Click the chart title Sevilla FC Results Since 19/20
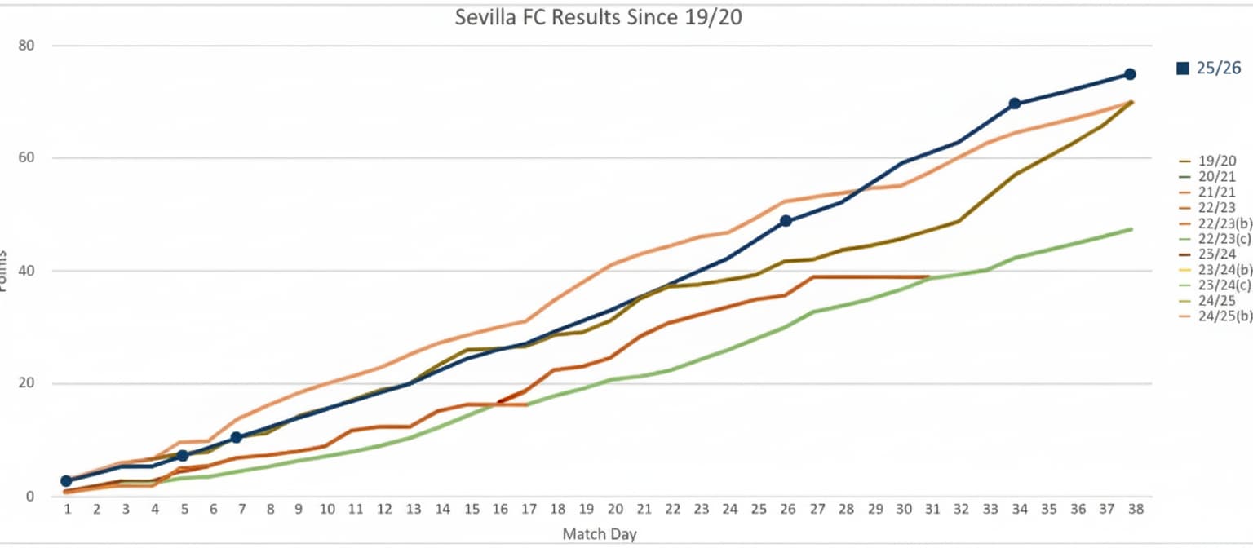click(x=598, y=17)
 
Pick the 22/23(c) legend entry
click(x=1221, y=238)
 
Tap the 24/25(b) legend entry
click(x=1221, y=316)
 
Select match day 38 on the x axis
click(x=1135, y=509)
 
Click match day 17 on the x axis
click(x=528, y=509)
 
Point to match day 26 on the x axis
click(x=787, y=509)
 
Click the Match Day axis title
click(x=599, y=534)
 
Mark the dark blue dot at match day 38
click(x=1130, y=74)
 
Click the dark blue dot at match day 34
click(x=1015, y=104)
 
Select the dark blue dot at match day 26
click(x=786, y=221)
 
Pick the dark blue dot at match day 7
click(x=237, y=438)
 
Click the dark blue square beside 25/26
click(x=1182, y=68)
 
